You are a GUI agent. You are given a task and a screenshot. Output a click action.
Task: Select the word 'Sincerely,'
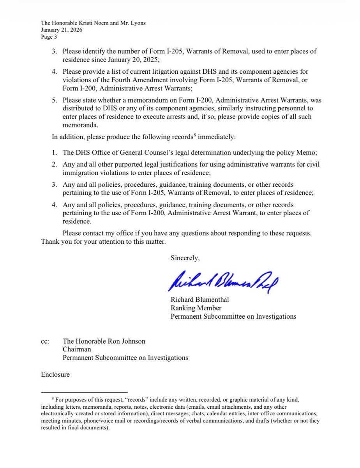185,258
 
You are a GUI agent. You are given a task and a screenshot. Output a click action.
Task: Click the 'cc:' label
45,341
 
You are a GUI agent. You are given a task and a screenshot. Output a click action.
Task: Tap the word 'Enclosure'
55,374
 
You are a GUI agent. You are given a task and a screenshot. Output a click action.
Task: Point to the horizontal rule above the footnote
84,392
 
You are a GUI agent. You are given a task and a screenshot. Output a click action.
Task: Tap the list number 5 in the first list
54,100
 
